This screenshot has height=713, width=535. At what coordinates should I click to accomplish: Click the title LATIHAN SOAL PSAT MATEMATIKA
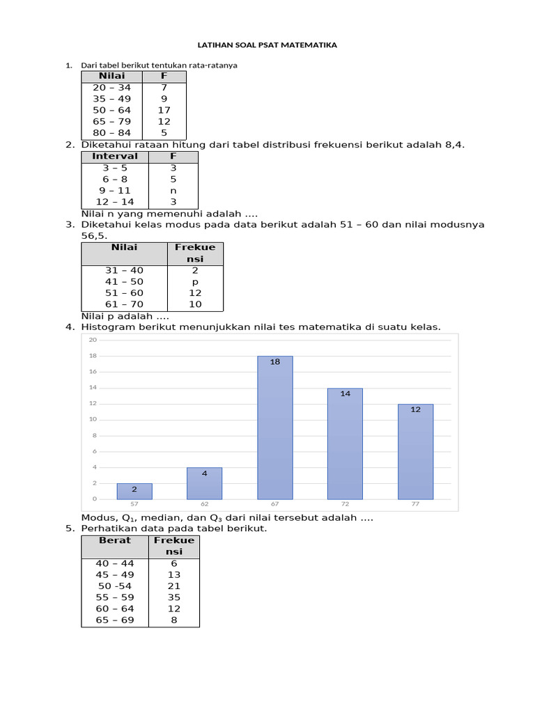coord(267,45)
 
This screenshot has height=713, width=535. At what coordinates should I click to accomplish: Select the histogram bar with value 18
coord(275,428)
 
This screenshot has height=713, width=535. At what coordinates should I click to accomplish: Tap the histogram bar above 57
coord(134,491)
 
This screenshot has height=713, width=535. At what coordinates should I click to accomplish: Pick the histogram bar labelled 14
coord(345,444)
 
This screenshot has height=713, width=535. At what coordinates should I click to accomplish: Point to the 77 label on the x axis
coord(415,503)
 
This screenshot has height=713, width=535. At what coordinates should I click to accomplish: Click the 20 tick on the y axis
coord(92,340)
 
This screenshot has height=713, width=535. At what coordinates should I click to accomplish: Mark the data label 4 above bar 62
coord(204,473)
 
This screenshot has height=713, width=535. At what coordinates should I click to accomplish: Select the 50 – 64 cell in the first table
coord(111,110)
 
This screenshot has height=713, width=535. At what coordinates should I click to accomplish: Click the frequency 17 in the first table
coord(164,110)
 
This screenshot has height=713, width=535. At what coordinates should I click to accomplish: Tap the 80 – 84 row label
coord(111,132)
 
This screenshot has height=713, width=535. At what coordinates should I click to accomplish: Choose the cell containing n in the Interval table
coord(173,190)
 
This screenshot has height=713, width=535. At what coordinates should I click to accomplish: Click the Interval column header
coord(115,156)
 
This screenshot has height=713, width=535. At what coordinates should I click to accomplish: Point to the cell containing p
coord(195,282)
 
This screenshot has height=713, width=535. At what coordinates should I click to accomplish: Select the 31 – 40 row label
coord(124,270)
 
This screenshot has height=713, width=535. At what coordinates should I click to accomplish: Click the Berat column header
coord(115,540)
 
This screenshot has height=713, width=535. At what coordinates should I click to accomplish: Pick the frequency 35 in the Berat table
coord(174,597)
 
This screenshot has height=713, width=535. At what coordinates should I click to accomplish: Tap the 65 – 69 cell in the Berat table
coord(115,620)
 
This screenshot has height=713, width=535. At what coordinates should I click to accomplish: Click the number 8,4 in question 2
coord(454,145)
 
